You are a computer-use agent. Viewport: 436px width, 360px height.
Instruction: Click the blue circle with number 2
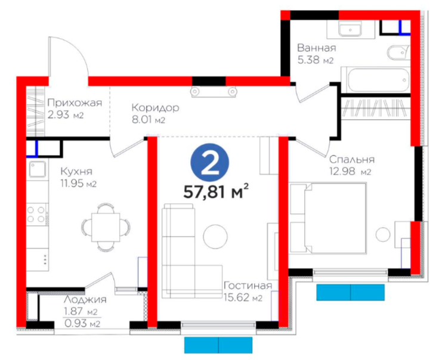click(210, 163)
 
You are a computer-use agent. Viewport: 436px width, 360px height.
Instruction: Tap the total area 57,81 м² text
click(216, 191)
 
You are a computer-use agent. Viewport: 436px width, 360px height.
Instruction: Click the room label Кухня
click(76, 172)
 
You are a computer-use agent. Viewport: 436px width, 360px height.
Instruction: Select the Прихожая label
click(75, 103)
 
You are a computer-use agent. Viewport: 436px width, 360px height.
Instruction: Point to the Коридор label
click(155, 108)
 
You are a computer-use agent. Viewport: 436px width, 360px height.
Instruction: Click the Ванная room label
click(317, 48)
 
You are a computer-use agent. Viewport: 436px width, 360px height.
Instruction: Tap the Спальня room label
click(352, 160)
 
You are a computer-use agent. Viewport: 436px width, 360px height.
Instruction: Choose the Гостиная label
click(248, 285)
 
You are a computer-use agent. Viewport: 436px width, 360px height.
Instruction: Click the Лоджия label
click(85, 299)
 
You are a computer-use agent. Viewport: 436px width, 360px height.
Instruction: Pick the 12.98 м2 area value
click(350, 172)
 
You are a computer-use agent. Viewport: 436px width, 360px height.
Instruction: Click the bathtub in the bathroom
click(375, 80)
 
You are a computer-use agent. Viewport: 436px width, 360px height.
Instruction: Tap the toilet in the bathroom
click(398, 52)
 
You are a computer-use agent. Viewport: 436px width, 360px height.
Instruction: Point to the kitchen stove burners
click(36, 214)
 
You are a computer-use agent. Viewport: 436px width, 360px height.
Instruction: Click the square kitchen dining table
click(106, 227)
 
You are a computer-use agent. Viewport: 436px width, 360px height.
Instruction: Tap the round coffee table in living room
click(215, 237)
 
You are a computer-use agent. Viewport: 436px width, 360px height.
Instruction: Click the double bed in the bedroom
click(328, 218)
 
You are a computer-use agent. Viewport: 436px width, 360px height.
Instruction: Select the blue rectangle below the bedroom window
click(350, 292)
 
